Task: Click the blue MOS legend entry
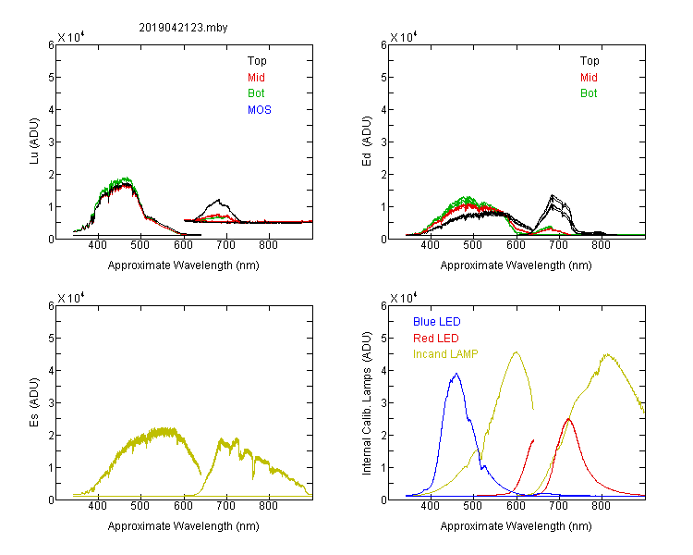260,110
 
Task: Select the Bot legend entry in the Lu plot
256,93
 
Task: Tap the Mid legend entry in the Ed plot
589,78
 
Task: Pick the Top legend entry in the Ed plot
589,61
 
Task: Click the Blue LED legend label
436,322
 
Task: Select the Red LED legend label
436,339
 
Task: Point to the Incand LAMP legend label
446,354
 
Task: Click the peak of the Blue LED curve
456,374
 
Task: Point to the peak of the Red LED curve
568,419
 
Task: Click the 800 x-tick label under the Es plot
269,507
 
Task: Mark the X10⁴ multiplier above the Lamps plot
403,298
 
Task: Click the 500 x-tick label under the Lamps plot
473,507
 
